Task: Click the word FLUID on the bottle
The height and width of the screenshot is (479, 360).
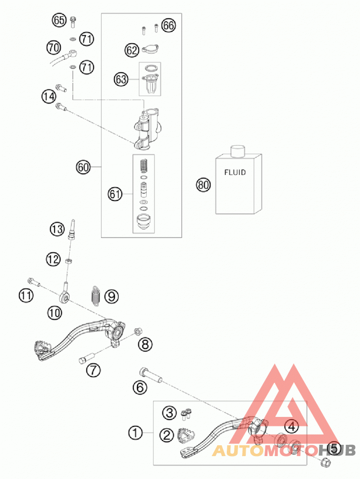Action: coord(235,172)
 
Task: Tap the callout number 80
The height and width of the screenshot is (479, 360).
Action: coord(203,185)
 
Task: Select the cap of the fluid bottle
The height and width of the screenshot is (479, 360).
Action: coord(238,151)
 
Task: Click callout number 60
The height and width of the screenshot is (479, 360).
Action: coord(83,167)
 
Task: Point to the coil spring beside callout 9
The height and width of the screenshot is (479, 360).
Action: coord(96,295)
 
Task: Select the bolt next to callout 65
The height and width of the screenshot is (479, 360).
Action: coord(73,22)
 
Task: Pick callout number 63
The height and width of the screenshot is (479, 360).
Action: coord(121,80)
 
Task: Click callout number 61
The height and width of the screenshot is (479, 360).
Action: coord(115,194)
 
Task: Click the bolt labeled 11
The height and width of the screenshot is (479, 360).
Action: coord(34,282)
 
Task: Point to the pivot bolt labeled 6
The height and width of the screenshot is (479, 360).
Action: coord(151,376)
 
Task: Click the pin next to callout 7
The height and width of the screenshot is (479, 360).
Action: coord(87,358)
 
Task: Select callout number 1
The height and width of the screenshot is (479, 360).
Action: coord(135,433)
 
